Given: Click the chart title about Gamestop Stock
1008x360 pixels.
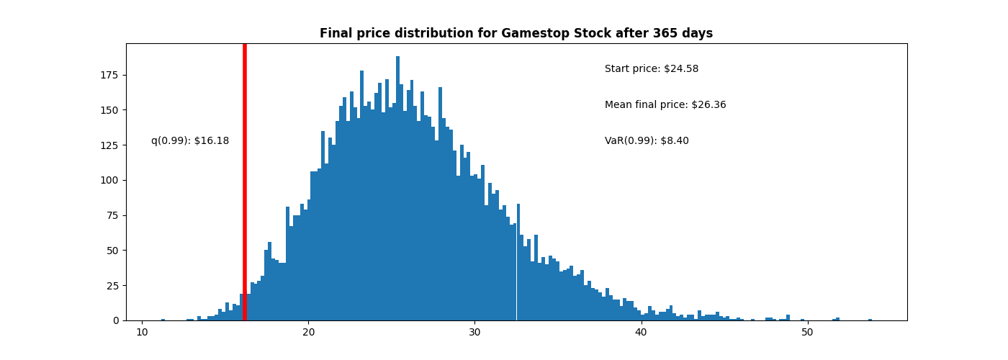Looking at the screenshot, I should (516, 34).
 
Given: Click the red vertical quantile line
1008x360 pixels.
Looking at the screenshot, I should (245, 180).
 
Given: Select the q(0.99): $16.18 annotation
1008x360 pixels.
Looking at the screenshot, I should (190, 141).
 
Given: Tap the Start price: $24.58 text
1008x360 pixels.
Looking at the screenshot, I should (651, 69).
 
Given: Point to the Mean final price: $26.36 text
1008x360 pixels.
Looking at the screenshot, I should (665, 105).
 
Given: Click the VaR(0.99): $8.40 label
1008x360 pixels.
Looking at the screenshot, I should (647, 141).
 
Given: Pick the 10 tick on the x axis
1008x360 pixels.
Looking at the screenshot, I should (143, 332).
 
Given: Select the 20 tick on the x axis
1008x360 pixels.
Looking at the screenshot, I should (308, 332).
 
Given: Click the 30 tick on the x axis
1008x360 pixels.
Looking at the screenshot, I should (474, 332).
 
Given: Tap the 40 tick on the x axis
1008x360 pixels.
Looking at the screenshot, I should (641, 332).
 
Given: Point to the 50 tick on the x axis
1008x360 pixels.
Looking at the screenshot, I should (807, 332).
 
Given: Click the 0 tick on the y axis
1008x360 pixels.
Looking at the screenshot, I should (116, 320).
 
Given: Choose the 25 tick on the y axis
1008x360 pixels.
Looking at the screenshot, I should (113, 286).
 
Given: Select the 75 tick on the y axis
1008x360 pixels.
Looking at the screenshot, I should (113, 215).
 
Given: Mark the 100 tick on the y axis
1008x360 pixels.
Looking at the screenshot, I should (111, 180).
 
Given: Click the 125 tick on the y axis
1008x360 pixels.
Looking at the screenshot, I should (111, 145).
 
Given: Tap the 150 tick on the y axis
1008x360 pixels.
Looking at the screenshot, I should (111, 110).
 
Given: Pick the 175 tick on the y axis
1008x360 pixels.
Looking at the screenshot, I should (111, 75).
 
